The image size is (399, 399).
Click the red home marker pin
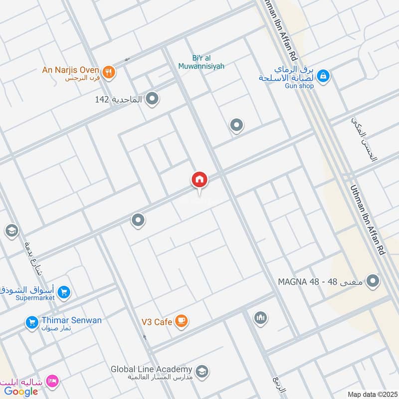199,180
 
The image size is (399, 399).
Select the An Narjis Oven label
70,70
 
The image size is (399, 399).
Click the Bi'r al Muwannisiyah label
201,61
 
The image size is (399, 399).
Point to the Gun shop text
299,86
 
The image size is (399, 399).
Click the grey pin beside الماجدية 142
153,99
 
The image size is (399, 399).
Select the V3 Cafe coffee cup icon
182,321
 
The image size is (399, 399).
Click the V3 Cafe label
156,322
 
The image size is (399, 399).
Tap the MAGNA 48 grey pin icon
372,282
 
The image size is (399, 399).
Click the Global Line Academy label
152,369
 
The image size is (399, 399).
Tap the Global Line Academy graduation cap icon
202,371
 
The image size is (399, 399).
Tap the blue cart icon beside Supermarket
63,293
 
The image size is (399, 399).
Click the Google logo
21,392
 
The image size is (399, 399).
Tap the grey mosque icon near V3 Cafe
260,318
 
